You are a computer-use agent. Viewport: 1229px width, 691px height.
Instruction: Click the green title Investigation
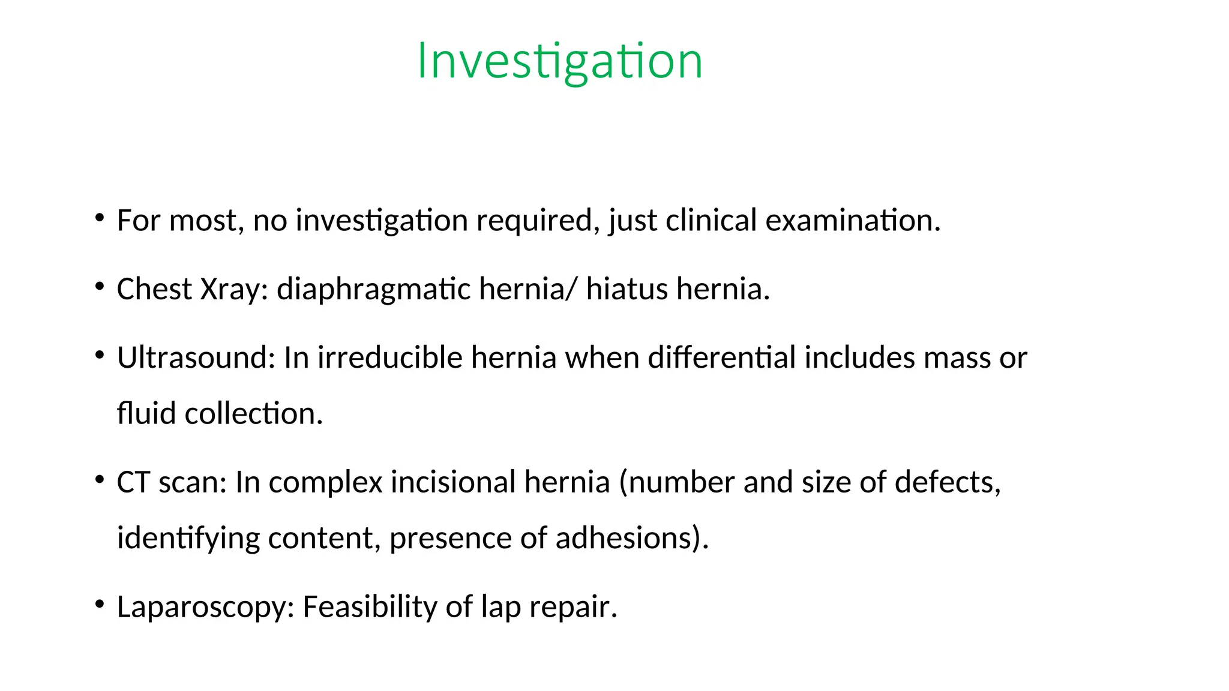click(x=559, y=61)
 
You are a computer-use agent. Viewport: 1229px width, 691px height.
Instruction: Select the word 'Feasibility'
click(x=370, y=607)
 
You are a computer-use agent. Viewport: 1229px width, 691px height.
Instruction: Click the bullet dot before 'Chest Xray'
click(x=100, y=286)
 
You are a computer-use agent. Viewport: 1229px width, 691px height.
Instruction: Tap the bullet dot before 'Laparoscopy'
click(x=100, y=603)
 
